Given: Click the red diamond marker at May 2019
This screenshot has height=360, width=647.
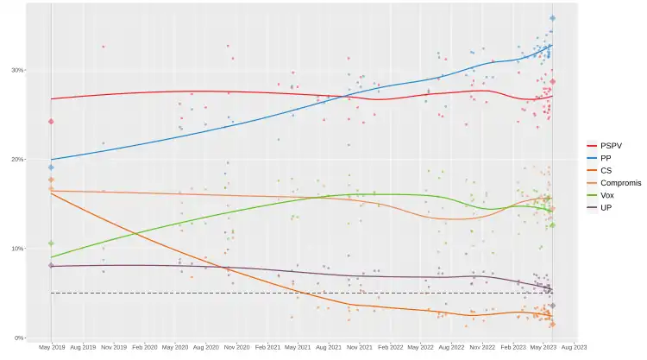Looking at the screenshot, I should point(51,122).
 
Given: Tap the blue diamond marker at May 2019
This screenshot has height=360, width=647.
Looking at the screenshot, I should point(51,167).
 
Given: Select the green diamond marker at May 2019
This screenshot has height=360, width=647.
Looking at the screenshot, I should point(51,243).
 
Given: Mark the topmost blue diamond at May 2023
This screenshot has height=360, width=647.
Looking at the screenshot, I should point(553,18).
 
